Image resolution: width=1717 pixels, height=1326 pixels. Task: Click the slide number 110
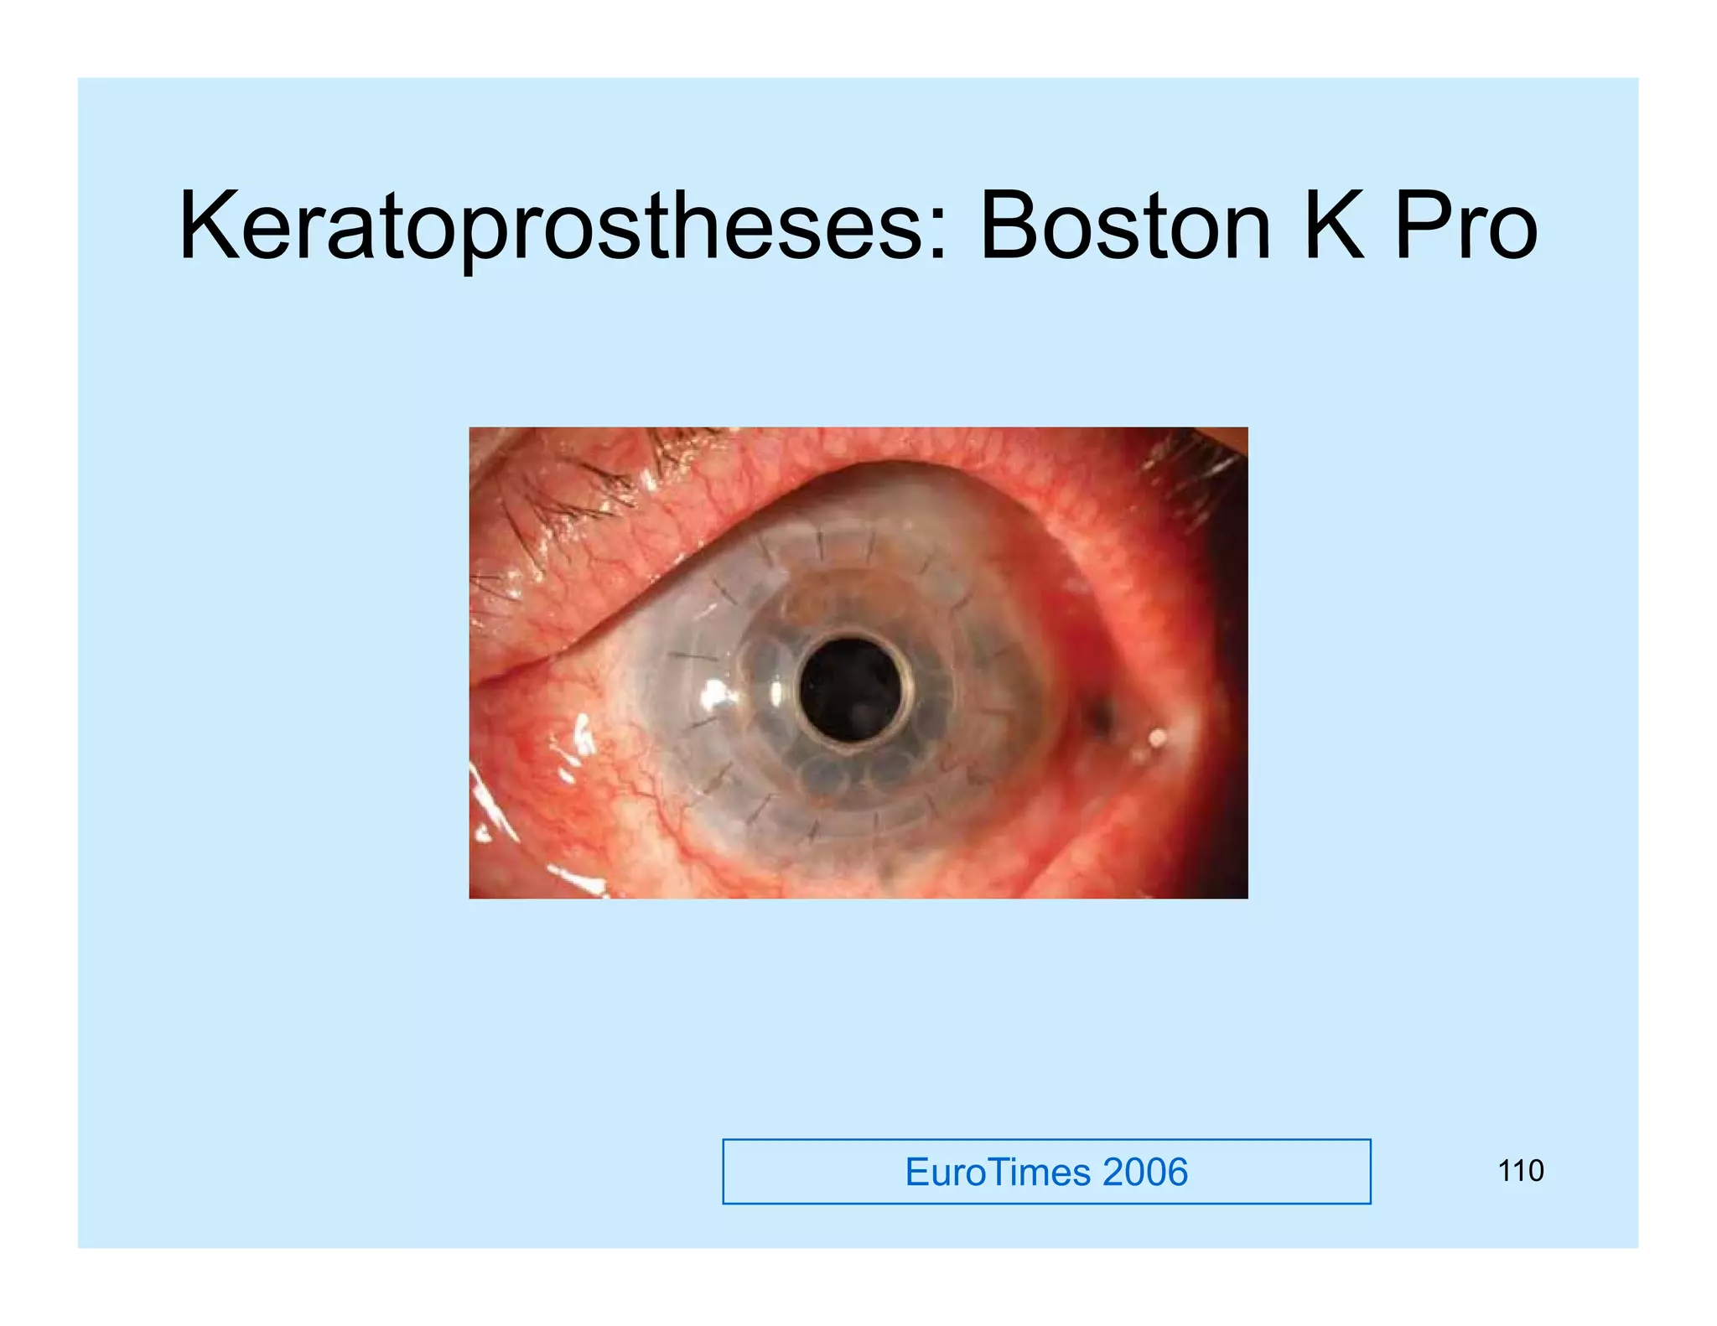coord(1520,1171)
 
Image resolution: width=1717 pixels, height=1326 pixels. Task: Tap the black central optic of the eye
coord(851,689)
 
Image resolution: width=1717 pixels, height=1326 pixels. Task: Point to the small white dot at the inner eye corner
coord(1158,738)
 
